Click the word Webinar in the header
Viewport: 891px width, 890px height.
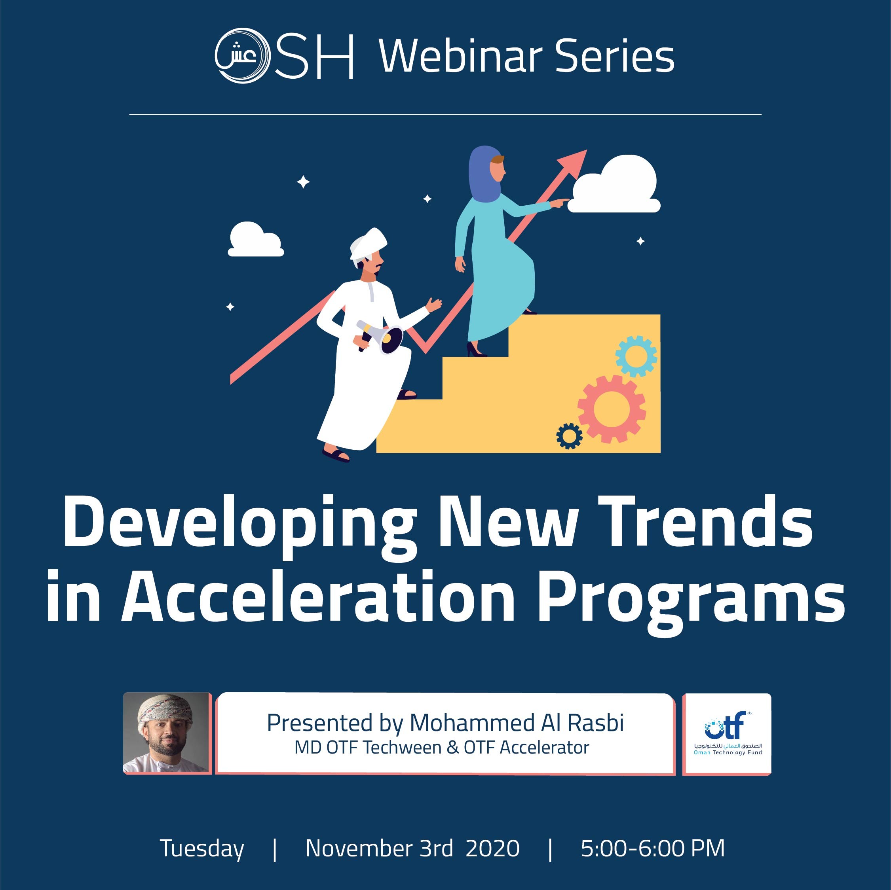coord(461,56)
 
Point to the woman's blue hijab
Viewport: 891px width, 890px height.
coord(484,174)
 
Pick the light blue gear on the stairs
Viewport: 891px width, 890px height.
coord(636,356)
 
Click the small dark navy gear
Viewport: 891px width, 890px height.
coord(569,436)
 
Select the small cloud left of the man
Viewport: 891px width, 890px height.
coord(255,239)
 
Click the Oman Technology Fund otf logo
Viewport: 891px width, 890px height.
coord(727,733)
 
